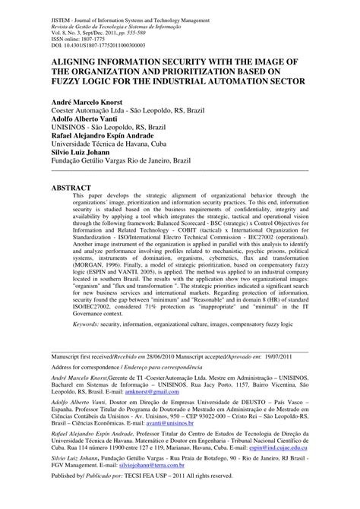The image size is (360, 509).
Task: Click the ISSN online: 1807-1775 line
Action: (81, 31)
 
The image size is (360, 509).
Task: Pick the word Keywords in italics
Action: (90, 323)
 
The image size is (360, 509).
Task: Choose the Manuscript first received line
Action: (121, 356)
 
